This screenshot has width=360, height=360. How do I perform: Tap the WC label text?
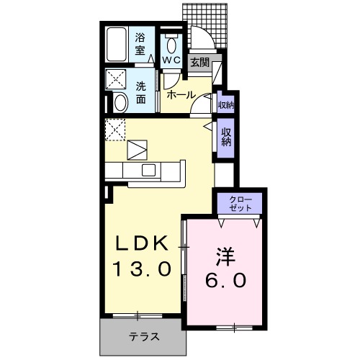(x=171, y=60)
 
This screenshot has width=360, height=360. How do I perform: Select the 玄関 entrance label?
(x=200, y=63)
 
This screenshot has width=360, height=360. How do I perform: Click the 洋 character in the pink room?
(x=225, y=255)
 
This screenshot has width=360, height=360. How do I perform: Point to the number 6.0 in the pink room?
(x=225, y=279)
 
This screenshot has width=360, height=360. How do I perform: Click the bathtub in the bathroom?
(x=115, y=46)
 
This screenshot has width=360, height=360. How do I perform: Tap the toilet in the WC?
(x=171, y=42)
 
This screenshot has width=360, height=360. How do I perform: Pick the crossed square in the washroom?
(x=115, y=79)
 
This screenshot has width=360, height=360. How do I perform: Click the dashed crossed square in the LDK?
(x=115, y=130)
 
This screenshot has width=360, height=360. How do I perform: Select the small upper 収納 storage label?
(x=225, y=105)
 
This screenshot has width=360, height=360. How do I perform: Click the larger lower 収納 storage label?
(x=226, y=136)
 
